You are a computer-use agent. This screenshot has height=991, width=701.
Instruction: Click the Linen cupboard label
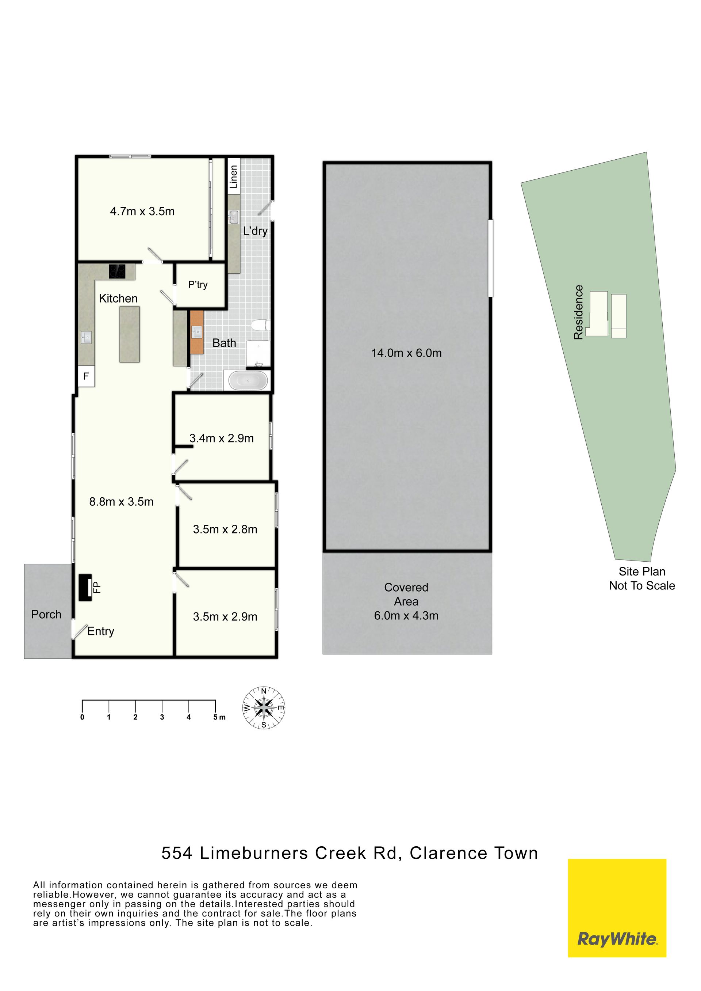(234, 177)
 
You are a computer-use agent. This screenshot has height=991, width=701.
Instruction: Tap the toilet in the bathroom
(260, 325)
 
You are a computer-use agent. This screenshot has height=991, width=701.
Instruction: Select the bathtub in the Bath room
(248, 381)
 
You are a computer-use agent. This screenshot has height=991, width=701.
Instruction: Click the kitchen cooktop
(117, 271)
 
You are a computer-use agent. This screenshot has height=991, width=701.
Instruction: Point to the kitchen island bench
(130, 334)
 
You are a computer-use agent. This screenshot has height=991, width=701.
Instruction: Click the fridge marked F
(86, 376)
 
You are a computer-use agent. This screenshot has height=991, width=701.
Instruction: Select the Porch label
(46, 614)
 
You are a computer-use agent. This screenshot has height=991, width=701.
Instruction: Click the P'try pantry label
(198, 285)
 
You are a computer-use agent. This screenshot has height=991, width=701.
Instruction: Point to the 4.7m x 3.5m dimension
(142, 211)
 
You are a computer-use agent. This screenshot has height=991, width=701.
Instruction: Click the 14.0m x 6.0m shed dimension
(407, 353)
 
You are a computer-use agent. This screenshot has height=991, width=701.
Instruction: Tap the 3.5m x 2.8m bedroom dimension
(225, 529)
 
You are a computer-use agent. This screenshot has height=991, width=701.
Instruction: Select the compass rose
(264, 707)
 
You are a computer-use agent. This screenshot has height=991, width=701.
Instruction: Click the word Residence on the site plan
(578, 312)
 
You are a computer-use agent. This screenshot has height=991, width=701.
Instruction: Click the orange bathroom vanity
(197, 333)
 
